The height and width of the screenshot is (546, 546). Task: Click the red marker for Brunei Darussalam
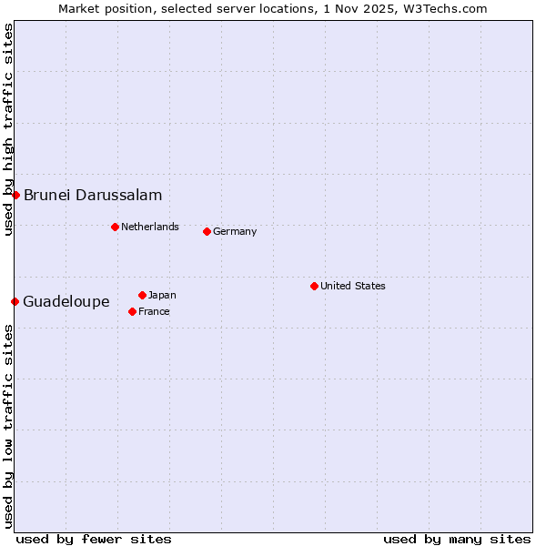pyautogui.click(x=15, y=195)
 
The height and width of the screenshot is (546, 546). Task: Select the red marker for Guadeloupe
pyautogui.click(x=15, y=301)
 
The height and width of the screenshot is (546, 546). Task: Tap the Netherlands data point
pyautogui.click(x=115, y=227)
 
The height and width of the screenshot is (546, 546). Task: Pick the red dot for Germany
pyautogui.click(x=207, y=231)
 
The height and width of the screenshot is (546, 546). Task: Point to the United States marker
pyautogui.click(x=314, y=286)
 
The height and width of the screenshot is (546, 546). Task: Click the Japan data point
pyautogui.click(x=142, y=295)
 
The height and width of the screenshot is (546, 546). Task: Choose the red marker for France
pyautogui.click(x=132, y=311)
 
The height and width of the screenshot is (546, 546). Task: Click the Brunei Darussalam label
pyautogui.click(x=93, y=195)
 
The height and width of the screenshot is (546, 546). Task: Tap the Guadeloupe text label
pyautogui.click(x=66, y=301)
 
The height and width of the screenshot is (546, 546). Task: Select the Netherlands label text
pyautogui.click(x=150, y=227)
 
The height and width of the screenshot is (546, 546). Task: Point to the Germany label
pyautogui.click(x=235, y=231)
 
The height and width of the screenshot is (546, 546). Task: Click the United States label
pyautogui.click(x=353, y=286)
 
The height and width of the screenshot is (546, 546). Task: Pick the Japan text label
pyautogui.click(x=162, y=295)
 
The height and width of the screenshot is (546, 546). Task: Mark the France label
pyautogui.click(x=154, y=311)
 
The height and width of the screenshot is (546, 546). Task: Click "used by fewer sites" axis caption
pyautogui.click(x=94, y=539)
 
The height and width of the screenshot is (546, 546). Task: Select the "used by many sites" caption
pyautogui.click(x=457, y=539)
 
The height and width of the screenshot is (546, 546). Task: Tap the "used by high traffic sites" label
pyautogui.click(x=8, y=130)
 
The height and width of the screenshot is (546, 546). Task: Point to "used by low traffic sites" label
pyautogui.click(x=8, y=425)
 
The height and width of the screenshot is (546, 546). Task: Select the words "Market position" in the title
pyautogui.click(x=99, y=8)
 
